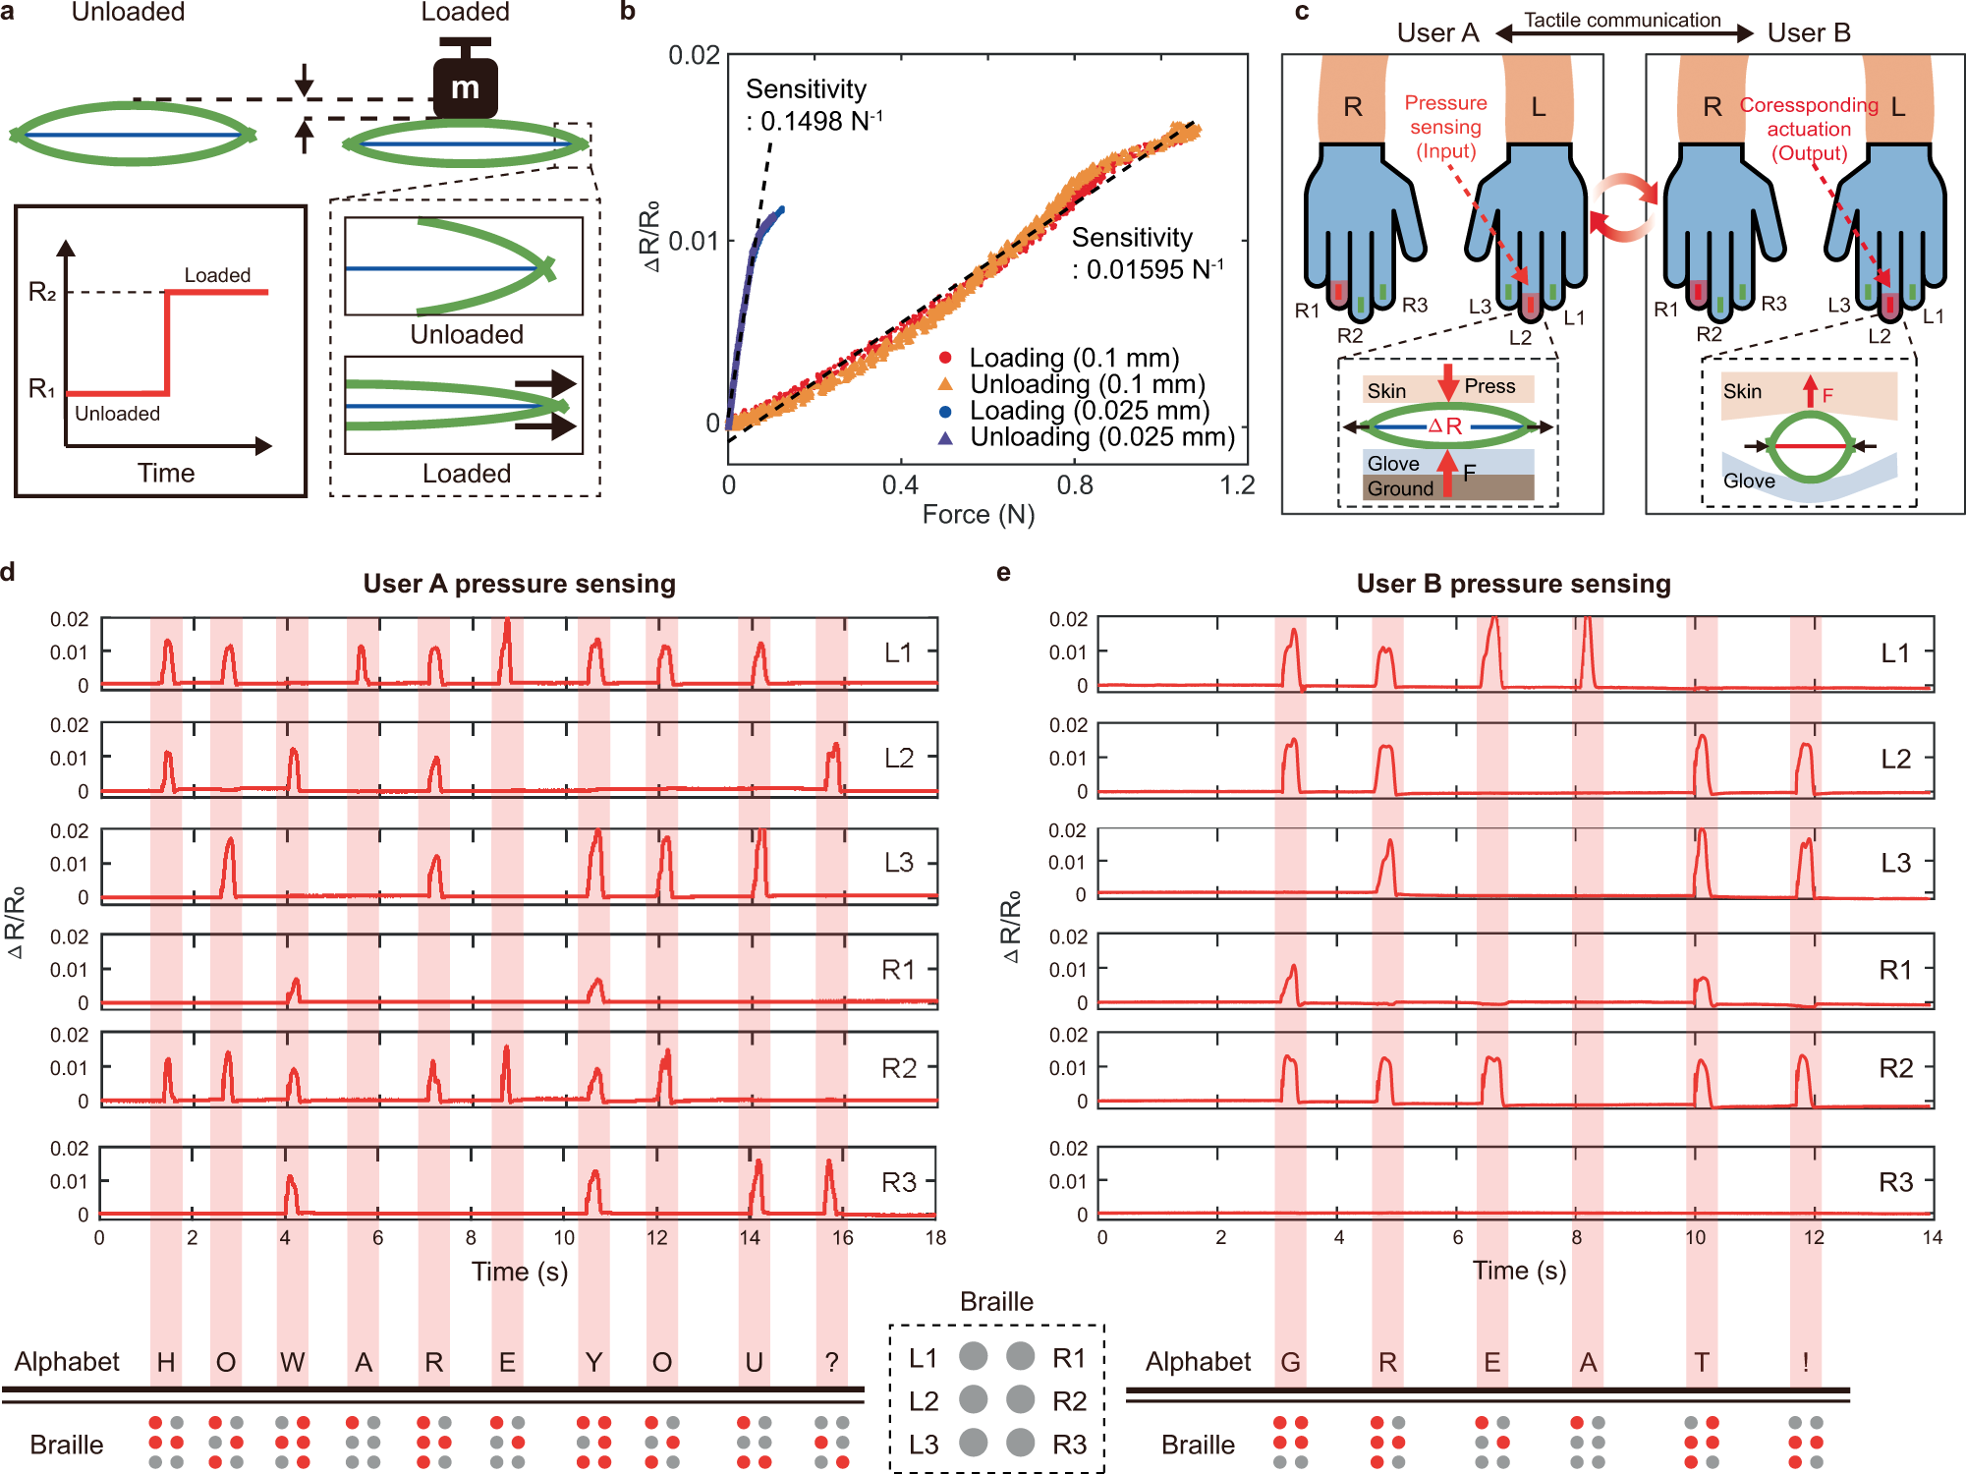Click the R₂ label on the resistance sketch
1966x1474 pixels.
click(x=42, y=292)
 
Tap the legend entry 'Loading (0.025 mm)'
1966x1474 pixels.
click(x=1089, y=411)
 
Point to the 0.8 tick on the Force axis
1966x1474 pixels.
click(x=1074, y=485)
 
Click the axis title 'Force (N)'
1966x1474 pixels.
click(x=979, y=515)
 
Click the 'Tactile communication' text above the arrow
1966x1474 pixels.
click(x=1622, y=20)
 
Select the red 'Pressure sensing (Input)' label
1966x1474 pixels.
click(x=1445, y=127)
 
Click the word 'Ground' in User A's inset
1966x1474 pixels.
click(x=1400, y=488)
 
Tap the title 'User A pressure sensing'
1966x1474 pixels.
click(x=519, y=584)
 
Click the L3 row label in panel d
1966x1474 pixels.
click(x=899, y=863)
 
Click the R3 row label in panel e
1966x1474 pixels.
click(x=1895, y=1182)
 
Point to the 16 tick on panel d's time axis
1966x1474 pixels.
click(x=842, y=1238)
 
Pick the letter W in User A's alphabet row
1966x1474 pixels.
click(x=292, y=1363)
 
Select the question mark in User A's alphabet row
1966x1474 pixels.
click(x=831, y=1363)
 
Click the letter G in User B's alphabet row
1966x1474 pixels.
click(x=1290, y=1363)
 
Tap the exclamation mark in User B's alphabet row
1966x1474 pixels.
click(x=1805, y=1363)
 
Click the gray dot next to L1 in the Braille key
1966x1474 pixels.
click(x=973, y=1356)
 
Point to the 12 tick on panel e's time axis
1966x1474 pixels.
click(x=1814, y=1238)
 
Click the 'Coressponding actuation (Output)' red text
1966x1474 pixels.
click(x=1809, y=129)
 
